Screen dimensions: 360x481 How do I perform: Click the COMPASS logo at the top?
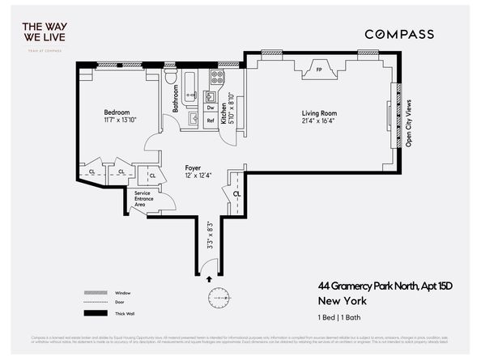398,34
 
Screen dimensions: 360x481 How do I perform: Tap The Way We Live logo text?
46,33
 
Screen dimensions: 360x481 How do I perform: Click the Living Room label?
317,114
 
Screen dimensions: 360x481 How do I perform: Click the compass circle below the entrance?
218,299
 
